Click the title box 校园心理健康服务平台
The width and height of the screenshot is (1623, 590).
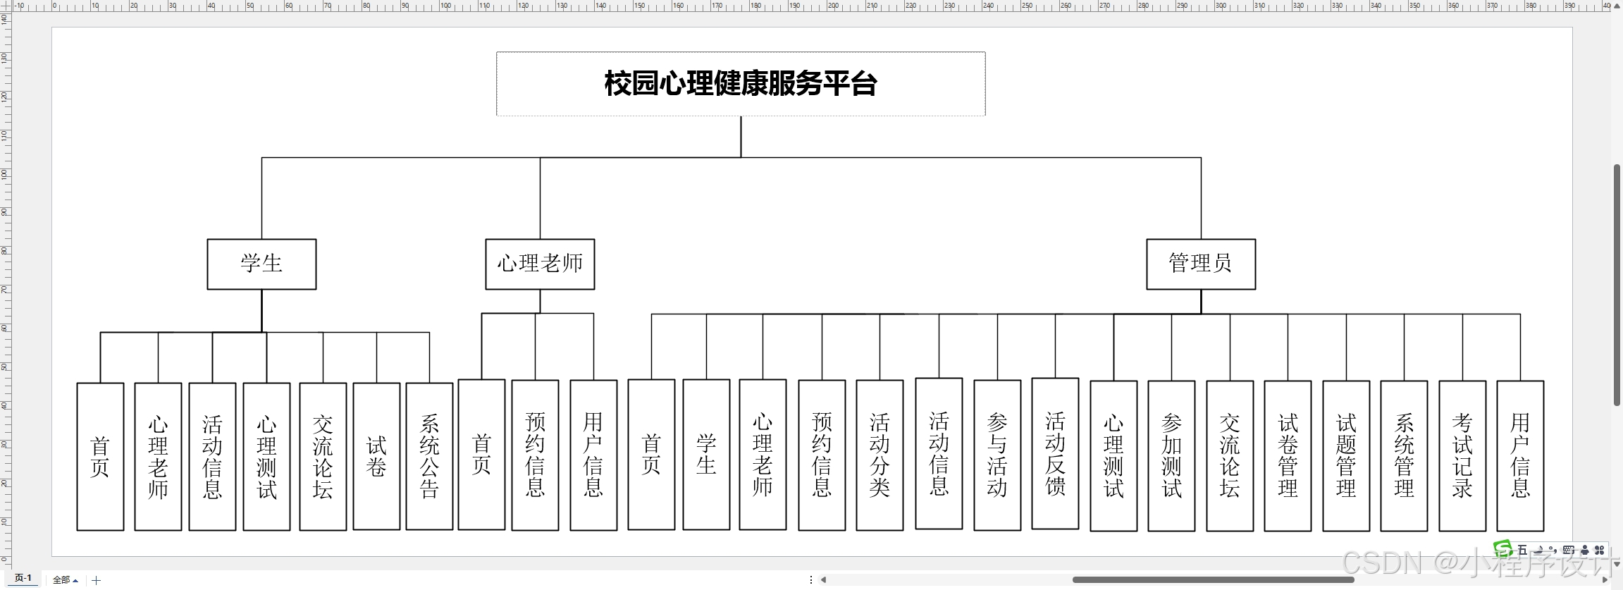(x=741, y=84)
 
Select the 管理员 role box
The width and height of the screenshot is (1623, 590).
(x=1200, y=264)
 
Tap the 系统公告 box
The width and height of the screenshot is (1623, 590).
(x=429, y=456)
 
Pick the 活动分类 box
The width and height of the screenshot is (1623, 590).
(x=880, y=455)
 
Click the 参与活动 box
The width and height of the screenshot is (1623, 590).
(x=997, y=455)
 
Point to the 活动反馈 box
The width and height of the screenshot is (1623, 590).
(x=1055, y=453)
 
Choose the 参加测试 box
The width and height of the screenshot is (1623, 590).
(x=1171, y=455)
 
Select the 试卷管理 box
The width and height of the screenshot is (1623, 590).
(x=1288, y=455)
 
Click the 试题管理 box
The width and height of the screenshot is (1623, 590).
(x=1346, y=455)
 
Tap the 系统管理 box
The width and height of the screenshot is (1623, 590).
(x=1404, y=455)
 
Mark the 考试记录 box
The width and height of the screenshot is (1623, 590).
(x=1462, y=455)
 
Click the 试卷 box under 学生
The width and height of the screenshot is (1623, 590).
(x=376, y=456)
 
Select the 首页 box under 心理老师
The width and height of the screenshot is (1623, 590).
(x=481, y=455)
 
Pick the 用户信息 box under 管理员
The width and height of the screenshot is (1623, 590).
(x=1520, y=455)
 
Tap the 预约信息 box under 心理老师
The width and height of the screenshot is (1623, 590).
(x=535, y=455)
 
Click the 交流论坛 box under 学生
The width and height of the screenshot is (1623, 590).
(x=323, y=456)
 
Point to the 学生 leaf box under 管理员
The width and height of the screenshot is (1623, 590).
(x=706, y=455)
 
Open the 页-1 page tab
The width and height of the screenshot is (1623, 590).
(x=23, y=579)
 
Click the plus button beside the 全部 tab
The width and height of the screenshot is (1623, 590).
(x=97, y=580)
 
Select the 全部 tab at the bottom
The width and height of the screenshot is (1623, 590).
(x=63, y=580)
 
